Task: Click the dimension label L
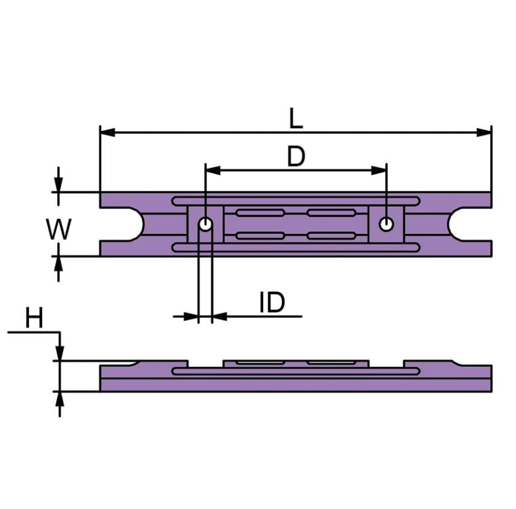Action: pos(295,119)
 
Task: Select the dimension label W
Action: pos(59,230)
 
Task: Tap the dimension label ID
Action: pos(272,303)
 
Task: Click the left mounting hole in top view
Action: pos(205,224)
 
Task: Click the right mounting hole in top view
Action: pos(386,224)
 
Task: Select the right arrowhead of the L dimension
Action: pos(484,132)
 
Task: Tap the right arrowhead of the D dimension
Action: pos(379,170)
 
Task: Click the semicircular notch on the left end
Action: pos(129,224)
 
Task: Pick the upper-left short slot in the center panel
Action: pos(260,213)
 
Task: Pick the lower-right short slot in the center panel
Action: pos(331,236)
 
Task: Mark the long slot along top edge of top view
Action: pos(295,201)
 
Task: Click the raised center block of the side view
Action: pos(296,364)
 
